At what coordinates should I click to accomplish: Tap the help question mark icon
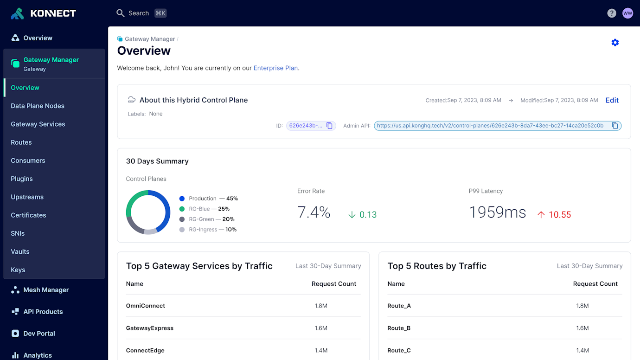(612, 13)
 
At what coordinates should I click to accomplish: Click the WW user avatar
(627, 13)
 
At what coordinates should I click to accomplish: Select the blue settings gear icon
(615, 43)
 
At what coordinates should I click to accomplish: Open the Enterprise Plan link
(275, 68)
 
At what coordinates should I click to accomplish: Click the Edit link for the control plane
(612, 100)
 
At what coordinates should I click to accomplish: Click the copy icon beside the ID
(329, 126)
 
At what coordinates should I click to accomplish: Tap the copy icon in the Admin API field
(614, 126)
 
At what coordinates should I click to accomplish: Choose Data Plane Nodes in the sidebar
(38, 106)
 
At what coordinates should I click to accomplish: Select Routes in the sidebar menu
(21, 142)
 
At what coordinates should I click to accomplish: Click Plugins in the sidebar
(22, 179)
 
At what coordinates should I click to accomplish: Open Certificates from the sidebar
(28, 215)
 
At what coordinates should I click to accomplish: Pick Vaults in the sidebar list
(20, 251)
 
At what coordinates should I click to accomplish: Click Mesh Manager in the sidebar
(46, 290)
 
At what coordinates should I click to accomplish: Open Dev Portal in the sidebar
(39, 334)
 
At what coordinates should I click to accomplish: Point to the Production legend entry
(203, 199)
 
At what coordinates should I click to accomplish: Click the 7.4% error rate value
(314, 212)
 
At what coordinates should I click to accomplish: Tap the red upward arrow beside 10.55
(541, 215)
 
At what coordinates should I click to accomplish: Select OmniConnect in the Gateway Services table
(146, 306)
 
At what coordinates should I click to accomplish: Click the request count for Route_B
(582, 328)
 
